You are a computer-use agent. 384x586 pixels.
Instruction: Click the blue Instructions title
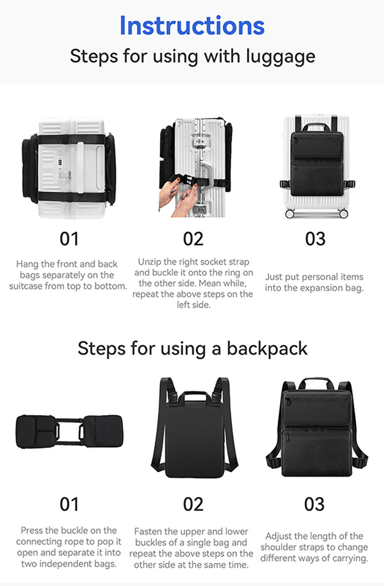(x=192, y=26)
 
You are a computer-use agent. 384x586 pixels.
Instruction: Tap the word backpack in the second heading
(x=267, y=348)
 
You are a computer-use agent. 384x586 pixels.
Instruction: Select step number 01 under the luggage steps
(x=69, y=239)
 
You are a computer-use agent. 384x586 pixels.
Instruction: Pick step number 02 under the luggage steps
(x=193, y=239)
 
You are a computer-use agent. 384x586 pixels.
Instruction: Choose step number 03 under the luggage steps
(x=315, y=239)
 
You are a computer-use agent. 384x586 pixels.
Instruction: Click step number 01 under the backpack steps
(x=69, y=504)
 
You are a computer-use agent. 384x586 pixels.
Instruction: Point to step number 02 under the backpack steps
(x=193, y=504)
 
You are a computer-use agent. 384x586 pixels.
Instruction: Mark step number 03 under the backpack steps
(x=315, y=504)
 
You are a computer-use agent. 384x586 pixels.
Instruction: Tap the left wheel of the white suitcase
(x=290, y=213)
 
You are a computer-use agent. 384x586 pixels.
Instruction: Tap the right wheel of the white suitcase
(x=343, y=213)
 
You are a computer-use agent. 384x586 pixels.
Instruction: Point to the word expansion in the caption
(x=311, y=288)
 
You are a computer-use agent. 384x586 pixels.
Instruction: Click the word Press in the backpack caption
(x=31, y=530)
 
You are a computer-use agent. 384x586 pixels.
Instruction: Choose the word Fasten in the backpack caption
(x=148, y=531)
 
